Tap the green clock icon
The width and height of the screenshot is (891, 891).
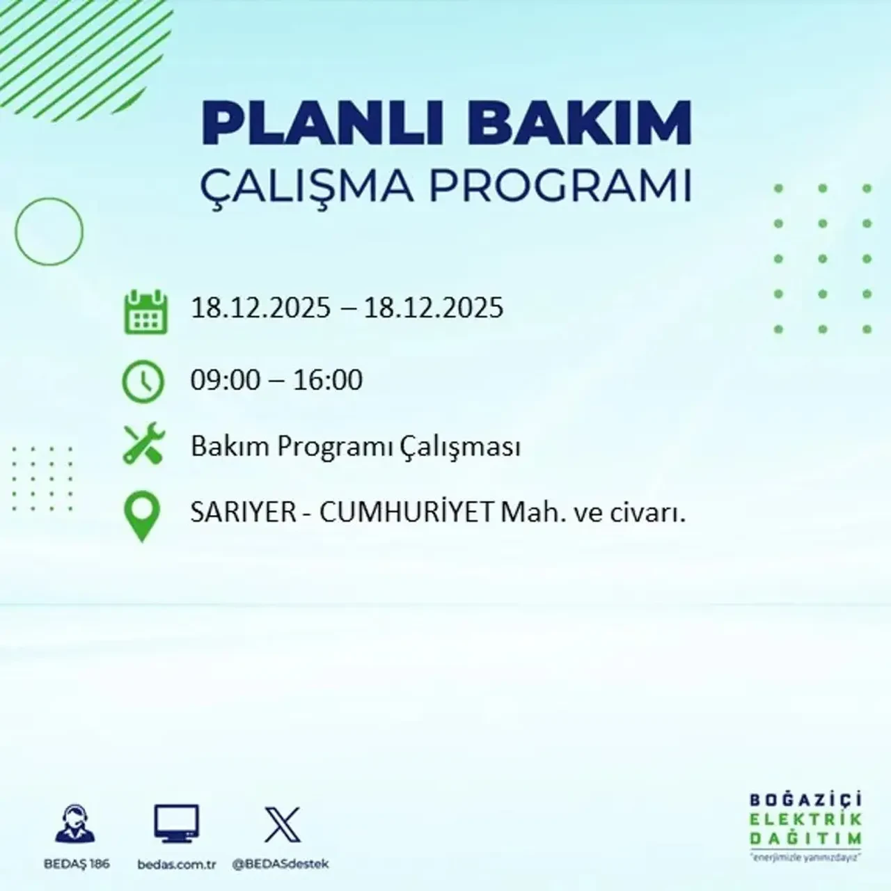click(143, 381)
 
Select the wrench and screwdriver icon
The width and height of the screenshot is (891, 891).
click(143, 445)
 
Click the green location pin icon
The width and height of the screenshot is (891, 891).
click(142, 517)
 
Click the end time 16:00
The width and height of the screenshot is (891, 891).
click(328, 380)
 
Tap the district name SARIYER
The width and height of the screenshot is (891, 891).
click(234, 513)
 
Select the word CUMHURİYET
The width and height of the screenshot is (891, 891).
click(407, 513)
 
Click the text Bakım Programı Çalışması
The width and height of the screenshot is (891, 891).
click(356, 447)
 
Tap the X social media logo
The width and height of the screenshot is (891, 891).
click(283, 825)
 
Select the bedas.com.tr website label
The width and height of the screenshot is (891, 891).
click(177, 865)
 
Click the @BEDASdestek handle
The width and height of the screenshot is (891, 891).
click(280, 865)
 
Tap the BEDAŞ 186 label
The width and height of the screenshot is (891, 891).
click(77, 865)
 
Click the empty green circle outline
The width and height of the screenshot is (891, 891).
click(49, 231)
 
